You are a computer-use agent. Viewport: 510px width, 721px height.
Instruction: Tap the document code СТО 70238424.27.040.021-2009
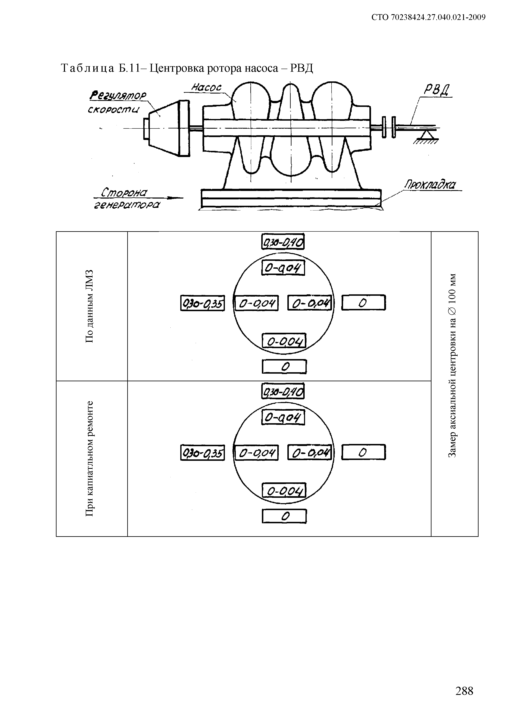point(428,18)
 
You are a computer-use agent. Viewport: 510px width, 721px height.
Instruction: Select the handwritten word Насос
point(206,87)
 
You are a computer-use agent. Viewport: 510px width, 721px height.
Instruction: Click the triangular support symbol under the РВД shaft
point(426,135)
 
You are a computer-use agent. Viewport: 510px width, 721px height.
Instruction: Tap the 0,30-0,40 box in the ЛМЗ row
point(283,242)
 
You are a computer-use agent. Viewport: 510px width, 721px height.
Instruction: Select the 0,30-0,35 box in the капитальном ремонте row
point(202,453)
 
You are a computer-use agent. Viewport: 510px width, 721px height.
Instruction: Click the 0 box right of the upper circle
point(363,303)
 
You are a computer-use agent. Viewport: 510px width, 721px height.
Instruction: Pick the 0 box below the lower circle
point(284,516)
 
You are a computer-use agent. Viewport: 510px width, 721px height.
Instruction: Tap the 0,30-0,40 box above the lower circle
point(283,391)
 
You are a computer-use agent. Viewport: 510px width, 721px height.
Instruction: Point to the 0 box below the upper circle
point(284,366)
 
